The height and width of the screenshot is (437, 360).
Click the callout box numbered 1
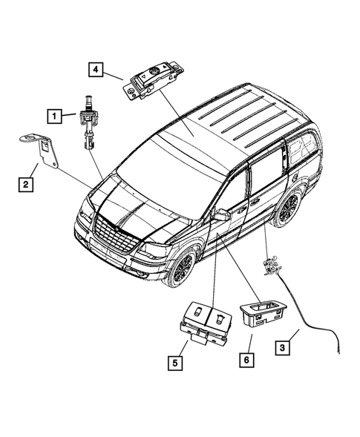coord(55,115)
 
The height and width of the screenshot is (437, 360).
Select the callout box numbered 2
coord(25,183)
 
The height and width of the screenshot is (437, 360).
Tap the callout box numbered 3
coord(282,346)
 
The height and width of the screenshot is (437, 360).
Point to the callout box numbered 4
coord(96,70)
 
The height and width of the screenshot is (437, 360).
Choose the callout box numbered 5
coord(174,363)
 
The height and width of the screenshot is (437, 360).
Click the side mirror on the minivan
coord(220,214)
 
